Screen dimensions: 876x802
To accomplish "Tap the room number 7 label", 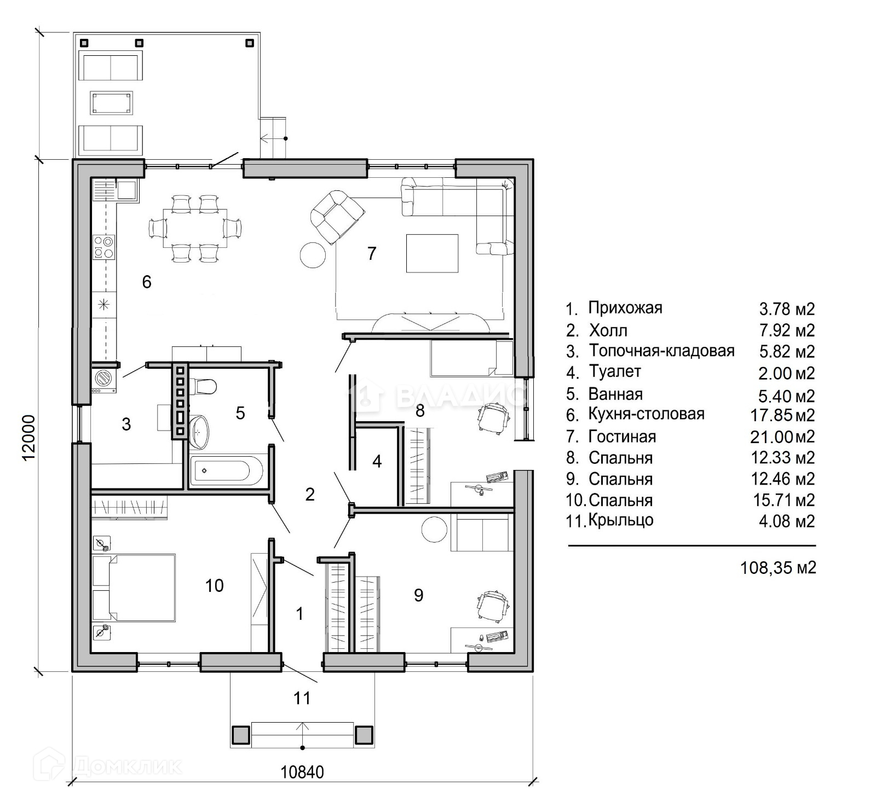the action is click(x=372, y=253).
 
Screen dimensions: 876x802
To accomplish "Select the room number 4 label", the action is click(x=377, y=461).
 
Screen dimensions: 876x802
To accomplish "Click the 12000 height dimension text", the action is click(x=29, y=438).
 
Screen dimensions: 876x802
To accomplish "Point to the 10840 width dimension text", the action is click(x=302, y=772).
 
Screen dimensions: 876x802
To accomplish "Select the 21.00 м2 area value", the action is click(x=782, y=437).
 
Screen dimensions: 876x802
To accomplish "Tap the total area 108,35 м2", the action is click(x=778, y=567).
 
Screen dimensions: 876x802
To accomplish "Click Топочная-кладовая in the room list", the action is click(x=661, y=351).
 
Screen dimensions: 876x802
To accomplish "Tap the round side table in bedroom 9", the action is click(x=435, y=528).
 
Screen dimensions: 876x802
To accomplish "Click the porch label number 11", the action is click(x=302, y=698).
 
